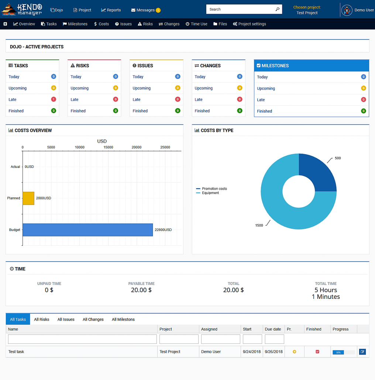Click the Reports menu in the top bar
[x=111, y=10]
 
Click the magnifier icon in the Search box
[x=278, y=9]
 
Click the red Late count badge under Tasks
[x=54, y=100]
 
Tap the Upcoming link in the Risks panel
[x=80, y=88]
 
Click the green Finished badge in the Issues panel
[x=178, y=111]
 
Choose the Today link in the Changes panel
[x=200, y=77]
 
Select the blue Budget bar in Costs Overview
[x=87, y=229]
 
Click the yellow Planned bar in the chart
[x=28, y=198]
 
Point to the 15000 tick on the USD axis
[x=108, y=147]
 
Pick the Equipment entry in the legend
[x=210, y=193]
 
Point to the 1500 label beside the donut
[x=259, y=225]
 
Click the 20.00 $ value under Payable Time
[x=141, y=290]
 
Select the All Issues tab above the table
[x=66, y=319]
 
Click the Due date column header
[x=273, y=329]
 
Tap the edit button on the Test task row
[x=362, y=352]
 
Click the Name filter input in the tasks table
[x=82, y=339]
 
